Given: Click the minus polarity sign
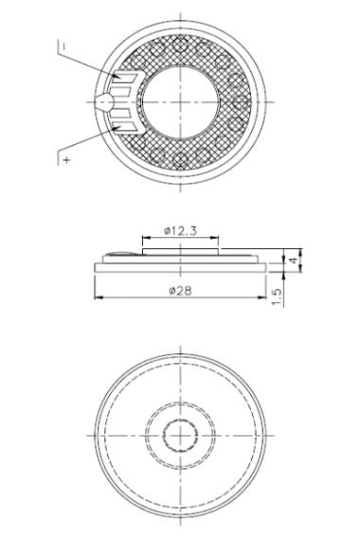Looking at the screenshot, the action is pos(64,45).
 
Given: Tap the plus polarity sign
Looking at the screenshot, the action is pos(67,160).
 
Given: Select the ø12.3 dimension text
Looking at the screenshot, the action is pos(181,230).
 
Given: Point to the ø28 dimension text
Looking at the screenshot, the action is pos(181,291).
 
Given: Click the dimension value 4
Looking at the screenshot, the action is pos(293,260).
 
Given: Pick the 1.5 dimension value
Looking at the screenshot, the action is pos(278,297).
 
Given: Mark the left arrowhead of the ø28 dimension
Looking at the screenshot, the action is pos(99,297).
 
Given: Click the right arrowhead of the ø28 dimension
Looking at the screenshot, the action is pos(262,297).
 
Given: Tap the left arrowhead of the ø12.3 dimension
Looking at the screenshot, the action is pos(147,237).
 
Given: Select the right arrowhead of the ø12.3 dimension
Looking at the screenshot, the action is pos(214,237).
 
